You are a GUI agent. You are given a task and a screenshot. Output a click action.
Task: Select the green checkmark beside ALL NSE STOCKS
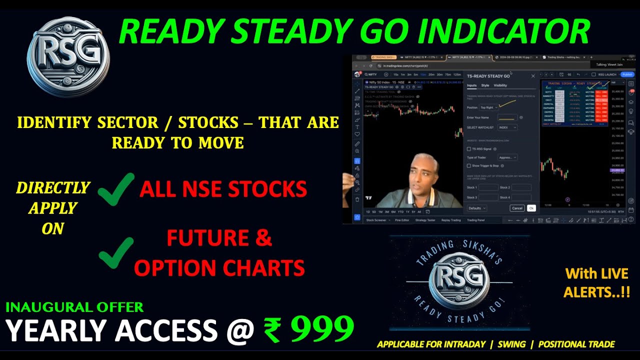pyautogui.click(x=116, y=189)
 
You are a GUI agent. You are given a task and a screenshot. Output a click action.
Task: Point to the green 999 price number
pyautogui.click(x=322, y=330)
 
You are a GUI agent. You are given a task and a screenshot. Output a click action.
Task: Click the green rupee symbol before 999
pyautogui.click(x=272, y=331)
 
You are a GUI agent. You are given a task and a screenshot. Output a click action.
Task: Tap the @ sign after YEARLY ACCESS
pyautogui.click(x=240, y=331)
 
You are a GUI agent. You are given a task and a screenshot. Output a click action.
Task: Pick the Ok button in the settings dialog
pyautogui.click(x=531, y=208)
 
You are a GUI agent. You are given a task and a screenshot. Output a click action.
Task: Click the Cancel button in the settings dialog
pyautogui.click(x=517, y=208)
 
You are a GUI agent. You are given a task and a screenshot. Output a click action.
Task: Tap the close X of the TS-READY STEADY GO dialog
pyautogui.click(x=533, y=76)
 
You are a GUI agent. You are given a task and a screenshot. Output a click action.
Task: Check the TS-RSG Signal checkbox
pyautogui.click(x=468, y=149)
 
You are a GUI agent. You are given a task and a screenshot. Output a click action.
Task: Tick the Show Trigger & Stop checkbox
pyautogui.click(x=468, y=165)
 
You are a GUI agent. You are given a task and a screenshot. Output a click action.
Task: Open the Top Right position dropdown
pyautogui.click(x=488, y=107)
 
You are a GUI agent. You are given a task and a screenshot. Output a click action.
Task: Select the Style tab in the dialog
pyautogui.click(x=485, y=85)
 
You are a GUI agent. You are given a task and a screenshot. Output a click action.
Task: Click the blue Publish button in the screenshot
pyautogui.click(x=627, y=74)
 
